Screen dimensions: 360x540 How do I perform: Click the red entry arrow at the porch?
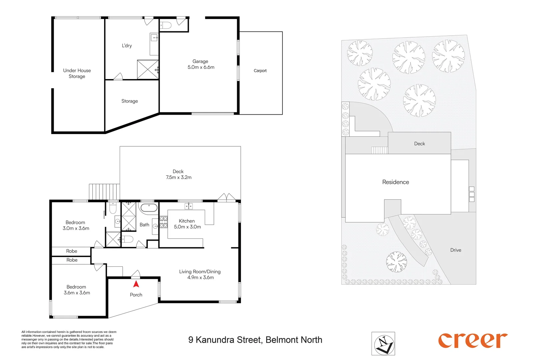[x=136, y=284]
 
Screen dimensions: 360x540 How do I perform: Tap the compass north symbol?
[x=383, y=344]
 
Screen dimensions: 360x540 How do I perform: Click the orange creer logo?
[x=473, y=340]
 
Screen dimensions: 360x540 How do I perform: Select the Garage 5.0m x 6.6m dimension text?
[x=201, y=67]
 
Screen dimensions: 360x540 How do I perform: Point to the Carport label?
[x=260, y=71]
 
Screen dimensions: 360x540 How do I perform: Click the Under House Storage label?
[x=77, y=73]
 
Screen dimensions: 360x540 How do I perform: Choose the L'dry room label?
[x=127, y=46]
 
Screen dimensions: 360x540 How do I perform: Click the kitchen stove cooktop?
[x=163, y=222]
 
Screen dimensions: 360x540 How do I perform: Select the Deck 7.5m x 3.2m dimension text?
[x=178, y=177]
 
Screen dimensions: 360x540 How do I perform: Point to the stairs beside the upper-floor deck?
[x=104, y=192]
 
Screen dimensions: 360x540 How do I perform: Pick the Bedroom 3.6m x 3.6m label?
[x=77, y=290]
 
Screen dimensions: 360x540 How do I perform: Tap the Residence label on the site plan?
[x=396, y=182]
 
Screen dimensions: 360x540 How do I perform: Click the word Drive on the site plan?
[x=456, y=250]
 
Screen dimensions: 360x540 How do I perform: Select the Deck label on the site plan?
[x=419, y=144]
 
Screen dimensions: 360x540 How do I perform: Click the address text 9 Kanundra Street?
[x=255, y=340]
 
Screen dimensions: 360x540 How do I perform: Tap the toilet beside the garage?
[x=166, y=25]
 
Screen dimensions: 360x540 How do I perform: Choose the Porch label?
[x=136, y=295]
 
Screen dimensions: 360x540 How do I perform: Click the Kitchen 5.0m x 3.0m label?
[x=187, y=224]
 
